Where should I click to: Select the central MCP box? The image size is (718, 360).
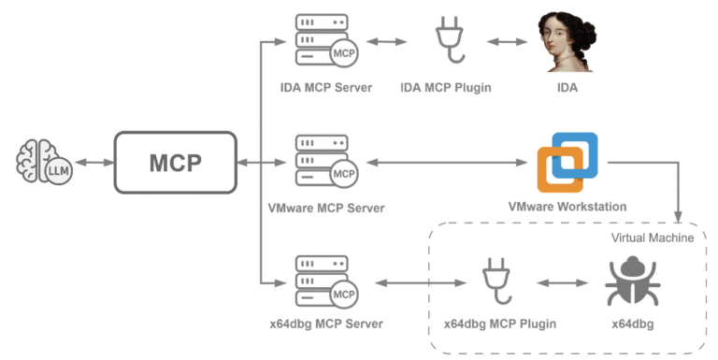click(175, 162)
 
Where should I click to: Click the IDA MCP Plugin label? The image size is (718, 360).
click(451, 88)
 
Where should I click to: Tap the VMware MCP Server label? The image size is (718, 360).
click(324, 207)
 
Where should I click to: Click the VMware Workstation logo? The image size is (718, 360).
click(567, 162)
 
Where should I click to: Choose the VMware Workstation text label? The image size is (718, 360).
click(567, 207)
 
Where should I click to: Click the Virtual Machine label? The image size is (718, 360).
click(653, 238)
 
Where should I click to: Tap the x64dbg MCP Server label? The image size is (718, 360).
click(324, 324)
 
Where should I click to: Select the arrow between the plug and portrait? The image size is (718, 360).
click(508, 42)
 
